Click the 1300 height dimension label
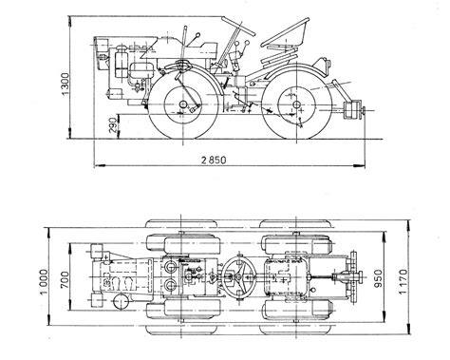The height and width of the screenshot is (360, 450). pyautogui.click(x=65, y=84)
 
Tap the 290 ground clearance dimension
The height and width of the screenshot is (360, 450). pyautogui.click(x=114, y=125)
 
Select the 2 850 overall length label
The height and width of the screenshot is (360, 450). pyautogui.click(x=215, y=160)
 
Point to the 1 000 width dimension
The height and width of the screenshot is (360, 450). pyautogui.click(x=44, y=281)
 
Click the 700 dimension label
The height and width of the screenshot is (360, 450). pyautogui.click(x=65, y=279)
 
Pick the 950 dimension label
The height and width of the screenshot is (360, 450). pyautogui.click(x=378, y=278)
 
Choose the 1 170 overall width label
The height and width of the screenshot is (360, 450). pyautogui.click(x=403, y=281)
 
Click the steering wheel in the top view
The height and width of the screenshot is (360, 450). pyautogui.click(x=239, y=277)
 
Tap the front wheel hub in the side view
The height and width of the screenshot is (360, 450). pyautogui.click(x=183, y=104)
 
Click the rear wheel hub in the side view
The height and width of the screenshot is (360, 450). pyautogui.click(x=296, y=104)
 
